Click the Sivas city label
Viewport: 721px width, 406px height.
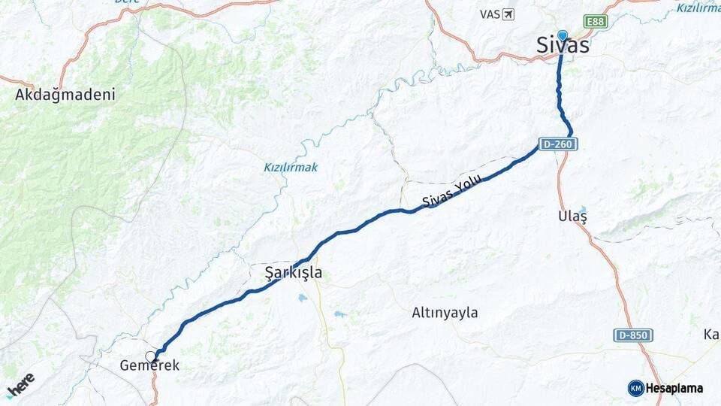(x=563, y=45)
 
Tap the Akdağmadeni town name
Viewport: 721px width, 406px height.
(x=65, y=95)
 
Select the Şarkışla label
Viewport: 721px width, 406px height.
(x=294, y=272)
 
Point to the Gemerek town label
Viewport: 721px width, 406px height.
(x=149, y=366)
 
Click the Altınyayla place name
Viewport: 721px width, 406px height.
(x=445, y=313)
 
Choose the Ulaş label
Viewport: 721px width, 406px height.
(x=572, y=216)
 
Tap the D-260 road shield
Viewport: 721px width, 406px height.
(x=557, y=144)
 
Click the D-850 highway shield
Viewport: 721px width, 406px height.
(x=632, y=335)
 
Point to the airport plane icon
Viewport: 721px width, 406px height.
(x=509, y=14)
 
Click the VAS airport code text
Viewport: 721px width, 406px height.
(x=489, y=14)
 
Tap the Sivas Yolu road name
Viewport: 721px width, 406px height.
(x=451, y=192)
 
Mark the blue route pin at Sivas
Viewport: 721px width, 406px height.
(x=562, y=35)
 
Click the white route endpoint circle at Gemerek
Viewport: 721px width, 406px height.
(x=152, y=356)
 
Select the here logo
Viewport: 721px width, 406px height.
(x=20, y=384)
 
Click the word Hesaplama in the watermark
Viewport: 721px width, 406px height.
(x=674, y=389)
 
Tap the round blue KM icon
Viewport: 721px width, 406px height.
(x=635, y=388)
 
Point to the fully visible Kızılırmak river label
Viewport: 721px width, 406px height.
(x=290, y=167)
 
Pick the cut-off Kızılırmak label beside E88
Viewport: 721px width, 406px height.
(x=698, y=8)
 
